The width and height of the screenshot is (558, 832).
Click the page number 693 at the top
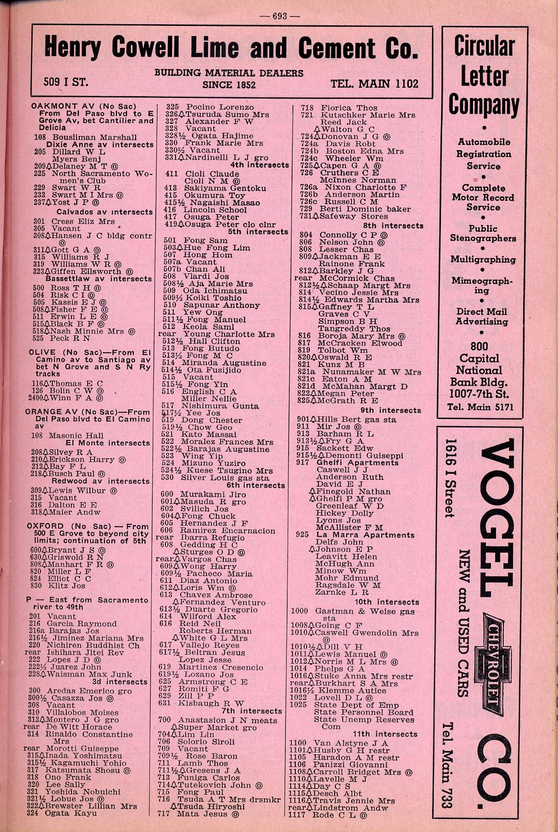280,16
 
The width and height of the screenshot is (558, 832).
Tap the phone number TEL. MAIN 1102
374,84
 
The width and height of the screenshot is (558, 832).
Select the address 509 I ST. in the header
66,82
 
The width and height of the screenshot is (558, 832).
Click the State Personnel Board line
363,712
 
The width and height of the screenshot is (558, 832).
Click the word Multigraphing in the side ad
483,259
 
